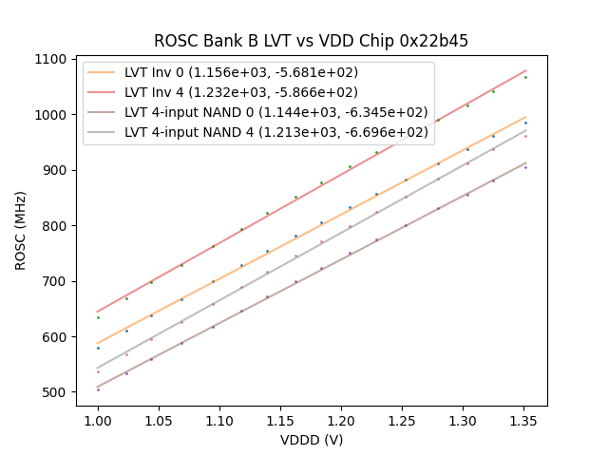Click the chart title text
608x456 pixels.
[311, 41]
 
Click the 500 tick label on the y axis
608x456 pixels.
[56, 392]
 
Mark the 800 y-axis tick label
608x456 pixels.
[56, 226]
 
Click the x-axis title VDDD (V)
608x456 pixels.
[311, 440]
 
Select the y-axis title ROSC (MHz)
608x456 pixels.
[21, 231]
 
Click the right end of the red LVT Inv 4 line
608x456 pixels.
[525, 69]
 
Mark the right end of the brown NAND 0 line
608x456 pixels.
[525, 162]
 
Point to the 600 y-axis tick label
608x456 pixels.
[56, 337]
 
